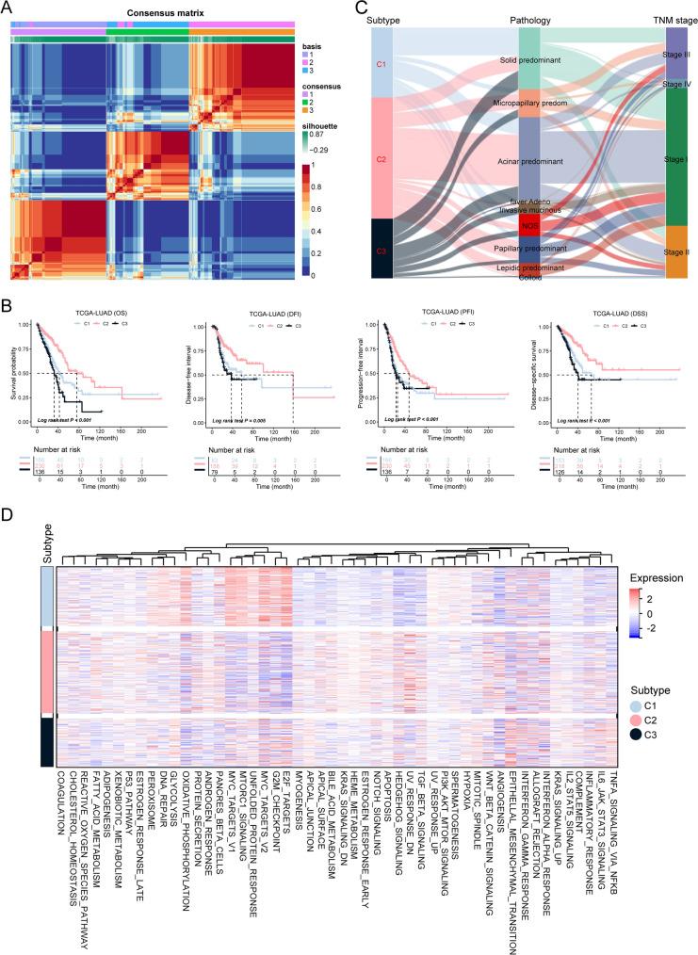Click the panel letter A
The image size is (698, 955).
tap(8, 8)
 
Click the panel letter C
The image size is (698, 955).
tap(364, 8)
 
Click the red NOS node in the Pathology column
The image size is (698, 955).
tap(529, 226)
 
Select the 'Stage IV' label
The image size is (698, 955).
tap(676, 84)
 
